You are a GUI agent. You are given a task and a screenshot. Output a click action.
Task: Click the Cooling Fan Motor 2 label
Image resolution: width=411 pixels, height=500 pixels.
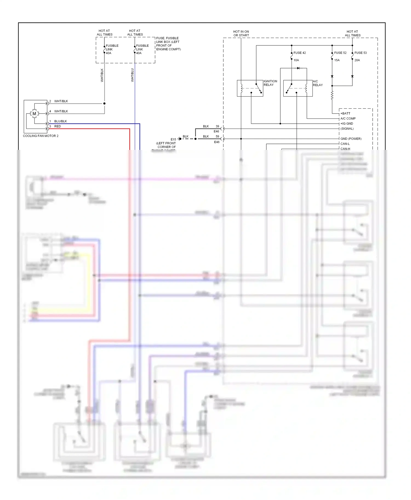coord(41,136)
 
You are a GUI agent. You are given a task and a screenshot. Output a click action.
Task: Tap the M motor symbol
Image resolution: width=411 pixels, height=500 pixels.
coord(34,114)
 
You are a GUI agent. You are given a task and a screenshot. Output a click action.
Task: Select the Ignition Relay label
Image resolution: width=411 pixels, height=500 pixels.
coord(270,83)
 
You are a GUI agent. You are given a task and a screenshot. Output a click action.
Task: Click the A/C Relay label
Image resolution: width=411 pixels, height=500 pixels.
coord(318,83)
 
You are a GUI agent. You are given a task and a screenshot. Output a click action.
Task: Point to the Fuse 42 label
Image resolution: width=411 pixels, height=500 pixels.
coord(299,53)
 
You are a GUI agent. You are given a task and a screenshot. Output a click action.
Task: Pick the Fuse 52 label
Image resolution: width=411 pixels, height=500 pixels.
coord(340,53)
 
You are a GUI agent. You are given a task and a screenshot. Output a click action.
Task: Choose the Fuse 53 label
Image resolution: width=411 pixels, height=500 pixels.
coord(360,53)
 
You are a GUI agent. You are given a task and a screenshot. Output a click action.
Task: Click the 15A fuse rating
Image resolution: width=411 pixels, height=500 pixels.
coord(337,60)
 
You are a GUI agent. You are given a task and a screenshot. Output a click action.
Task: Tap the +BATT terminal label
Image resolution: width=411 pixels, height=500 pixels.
coord(345,114)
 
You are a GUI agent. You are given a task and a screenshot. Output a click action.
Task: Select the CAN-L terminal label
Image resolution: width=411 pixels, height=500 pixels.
coord(345,144)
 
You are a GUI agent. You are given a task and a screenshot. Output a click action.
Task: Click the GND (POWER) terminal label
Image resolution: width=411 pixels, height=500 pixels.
coord(351,139)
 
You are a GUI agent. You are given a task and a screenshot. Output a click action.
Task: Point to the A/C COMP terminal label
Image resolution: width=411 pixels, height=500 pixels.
coord(348,119)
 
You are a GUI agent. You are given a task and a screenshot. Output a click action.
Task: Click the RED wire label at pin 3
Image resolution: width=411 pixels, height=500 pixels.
coord(58,126)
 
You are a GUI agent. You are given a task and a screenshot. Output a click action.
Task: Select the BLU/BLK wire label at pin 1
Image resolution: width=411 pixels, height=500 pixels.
coord(61,121)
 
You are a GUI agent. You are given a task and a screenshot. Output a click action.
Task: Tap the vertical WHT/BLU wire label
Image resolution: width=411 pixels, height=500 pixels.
coord(132,75)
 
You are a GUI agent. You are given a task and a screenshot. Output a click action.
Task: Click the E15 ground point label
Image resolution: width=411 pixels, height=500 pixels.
coord(173,139)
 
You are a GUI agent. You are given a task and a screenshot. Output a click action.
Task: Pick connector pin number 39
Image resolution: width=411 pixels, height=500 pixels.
coord(217,126)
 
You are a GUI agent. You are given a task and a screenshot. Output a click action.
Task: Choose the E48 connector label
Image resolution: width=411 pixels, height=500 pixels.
coord(217,142)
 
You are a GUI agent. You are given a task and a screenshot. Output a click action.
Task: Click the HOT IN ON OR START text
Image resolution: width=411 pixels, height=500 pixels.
coord(241,33)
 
